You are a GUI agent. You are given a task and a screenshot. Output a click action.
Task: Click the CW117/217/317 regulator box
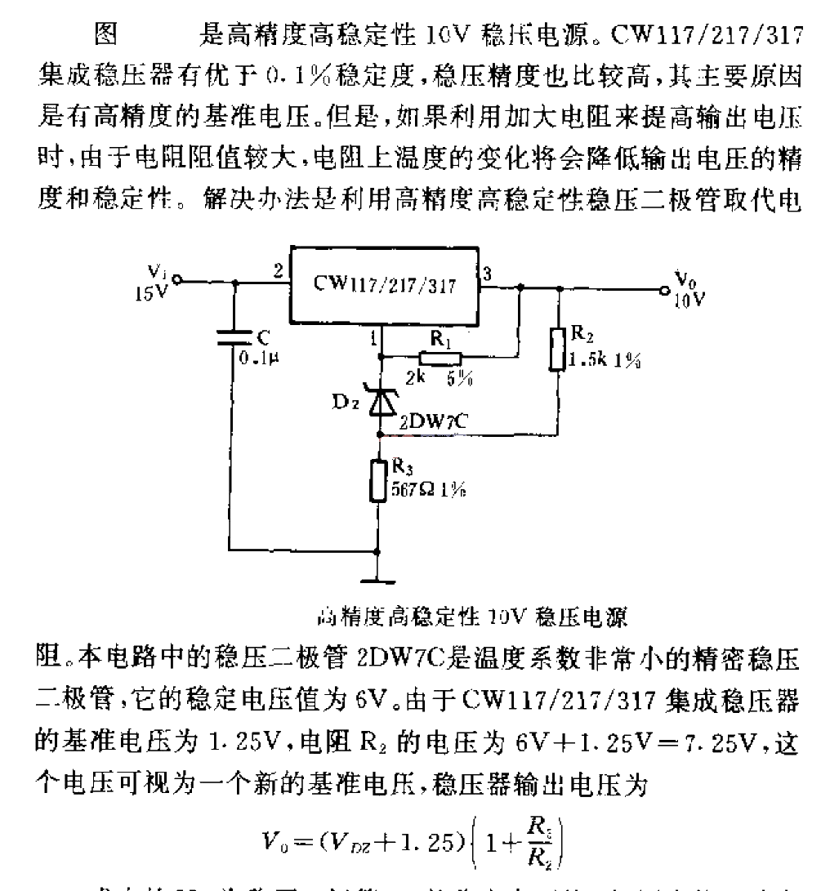[x=383, y=285]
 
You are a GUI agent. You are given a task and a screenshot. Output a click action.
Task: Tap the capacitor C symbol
[x=234, y=341]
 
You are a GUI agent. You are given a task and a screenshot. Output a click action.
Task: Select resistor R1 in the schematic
[x=440, y=357]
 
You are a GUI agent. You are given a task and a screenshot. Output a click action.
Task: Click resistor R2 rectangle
[x=559, y=347]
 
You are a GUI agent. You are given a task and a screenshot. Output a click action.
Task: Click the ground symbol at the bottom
[x=377, y=581]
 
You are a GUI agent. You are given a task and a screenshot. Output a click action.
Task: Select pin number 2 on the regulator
[x=279, y=271]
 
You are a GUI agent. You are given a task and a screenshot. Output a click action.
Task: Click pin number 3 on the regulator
[x=488, y=274]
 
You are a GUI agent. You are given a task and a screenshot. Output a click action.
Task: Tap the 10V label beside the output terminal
[x=687, y=299]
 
